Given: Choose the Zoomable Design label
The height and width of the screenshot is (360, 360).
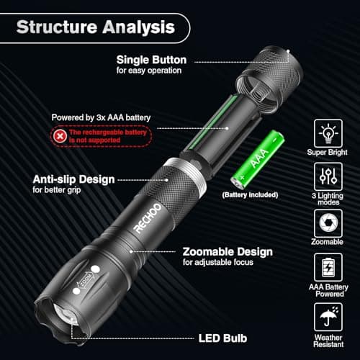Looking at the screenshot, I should pos(228,252).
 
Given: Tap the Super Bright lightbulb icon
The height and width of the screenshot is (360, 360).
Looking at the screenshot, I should pos(328,133).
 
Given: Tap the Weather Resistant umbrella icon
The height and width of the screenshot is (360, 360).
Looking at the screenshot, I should pos(328,315).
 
